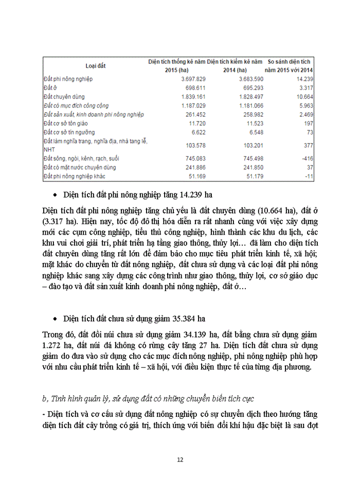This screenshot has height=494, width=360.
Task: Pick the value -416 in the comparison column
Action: click(307, 158)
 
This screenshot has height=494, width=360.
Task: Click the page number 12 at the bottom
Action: click(180, 460)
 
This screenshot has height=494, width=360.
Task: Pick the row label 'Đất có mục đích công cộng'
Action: click(76, 105)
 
